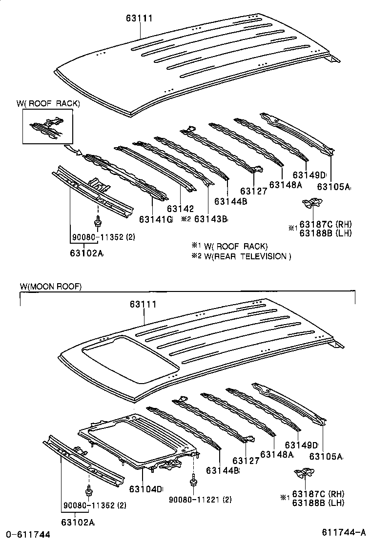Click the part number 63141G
pos(156,219)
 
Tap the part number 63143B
pos(211,219)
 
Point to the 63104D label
pos(145,489)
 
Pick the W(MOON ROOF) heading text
pos(51,287)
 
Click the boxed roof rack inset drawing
pos(47,126)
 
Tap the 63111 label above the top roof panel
pos(139,19)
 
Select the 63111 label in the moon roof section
pos(143,304)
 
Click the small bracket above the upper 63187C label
pos(310,203)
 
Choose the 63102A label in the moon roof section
pos(78,522)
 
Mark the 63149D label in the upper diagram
pos(309,175)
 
